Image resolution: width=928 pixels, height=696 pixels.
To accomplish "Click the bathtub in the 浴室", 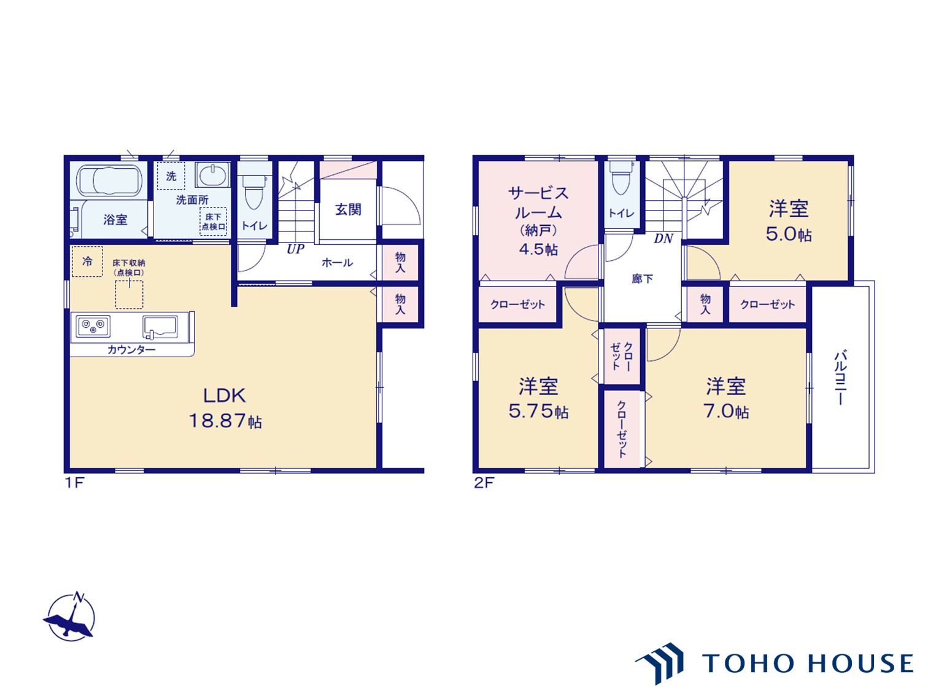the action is [x=109, y=181].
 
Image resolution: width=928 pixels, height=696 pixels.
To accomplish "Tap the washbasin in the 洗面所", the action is [x=212, y=174].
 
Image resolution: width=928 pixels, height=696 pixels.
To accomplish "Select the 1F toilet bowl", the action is [x=254, y=191].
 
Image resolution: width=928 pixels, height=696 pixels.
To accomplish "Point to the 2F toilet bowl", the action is [x=621, y=178].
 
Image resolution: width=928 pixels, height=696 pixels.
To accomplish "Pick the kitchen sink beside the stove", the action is [x=160, y=327].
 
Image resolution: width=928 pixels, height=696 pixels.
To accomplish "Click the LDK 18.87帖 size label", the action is [x=225, y=421].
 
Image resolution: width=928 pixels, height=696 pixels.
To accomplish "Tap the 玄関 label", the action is [x=348, y=209].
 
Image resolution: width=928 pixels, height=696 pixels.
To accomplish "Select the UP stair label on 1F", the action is [x=295, y=249].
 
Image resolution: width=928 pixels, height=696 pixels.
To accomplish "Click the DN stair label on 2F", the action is [x=663, y=238].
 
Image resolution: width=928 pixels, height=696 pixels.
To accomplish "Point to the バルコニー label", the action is [x=840, y=377].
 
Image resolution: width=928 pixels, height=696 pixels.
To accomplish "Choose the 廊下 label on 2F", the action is [x=642, y=279].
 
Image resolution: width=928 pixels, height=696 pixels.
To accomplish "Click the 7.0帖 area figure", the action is [x=726, y=411].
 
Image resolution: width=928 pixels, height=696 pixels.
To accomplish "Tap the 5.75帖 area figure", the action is [x=538, y=411].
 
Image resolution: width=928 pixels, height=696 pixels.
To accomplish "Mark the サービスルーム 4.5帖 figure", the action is [x=538, y=249].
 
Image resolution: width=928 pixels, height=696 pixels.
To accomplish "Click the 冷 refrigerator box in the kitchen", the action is [x=87, y=261].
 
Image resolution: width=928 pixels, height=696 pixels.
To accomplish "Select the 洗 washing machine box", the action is [x=171, y=176].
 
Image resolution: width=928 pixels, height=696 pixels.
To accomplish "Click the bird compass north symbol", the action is [x=70, y=617].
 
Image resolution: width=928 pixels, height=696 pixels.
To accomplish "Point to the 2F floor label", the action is [x=484, y=482].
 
